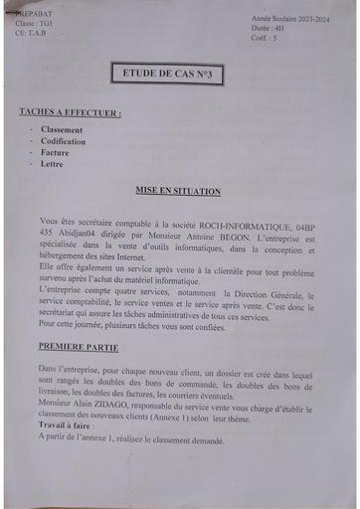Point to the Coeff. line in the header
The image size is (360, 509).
(x=265, y=39)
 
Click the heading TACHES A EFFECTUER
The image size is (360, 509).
(x=71, y=113)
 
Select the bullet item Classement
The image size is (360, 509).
(x=62, y=130)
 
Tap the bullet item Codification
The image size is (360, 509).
(x=63, y=142)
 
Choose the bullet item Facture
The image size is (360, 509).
(x=55, y=154)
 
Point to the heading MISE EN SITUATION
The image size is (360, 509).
(x=178, y=190)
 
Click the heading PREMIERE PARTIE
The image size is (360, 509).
(x=79, y=348)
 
